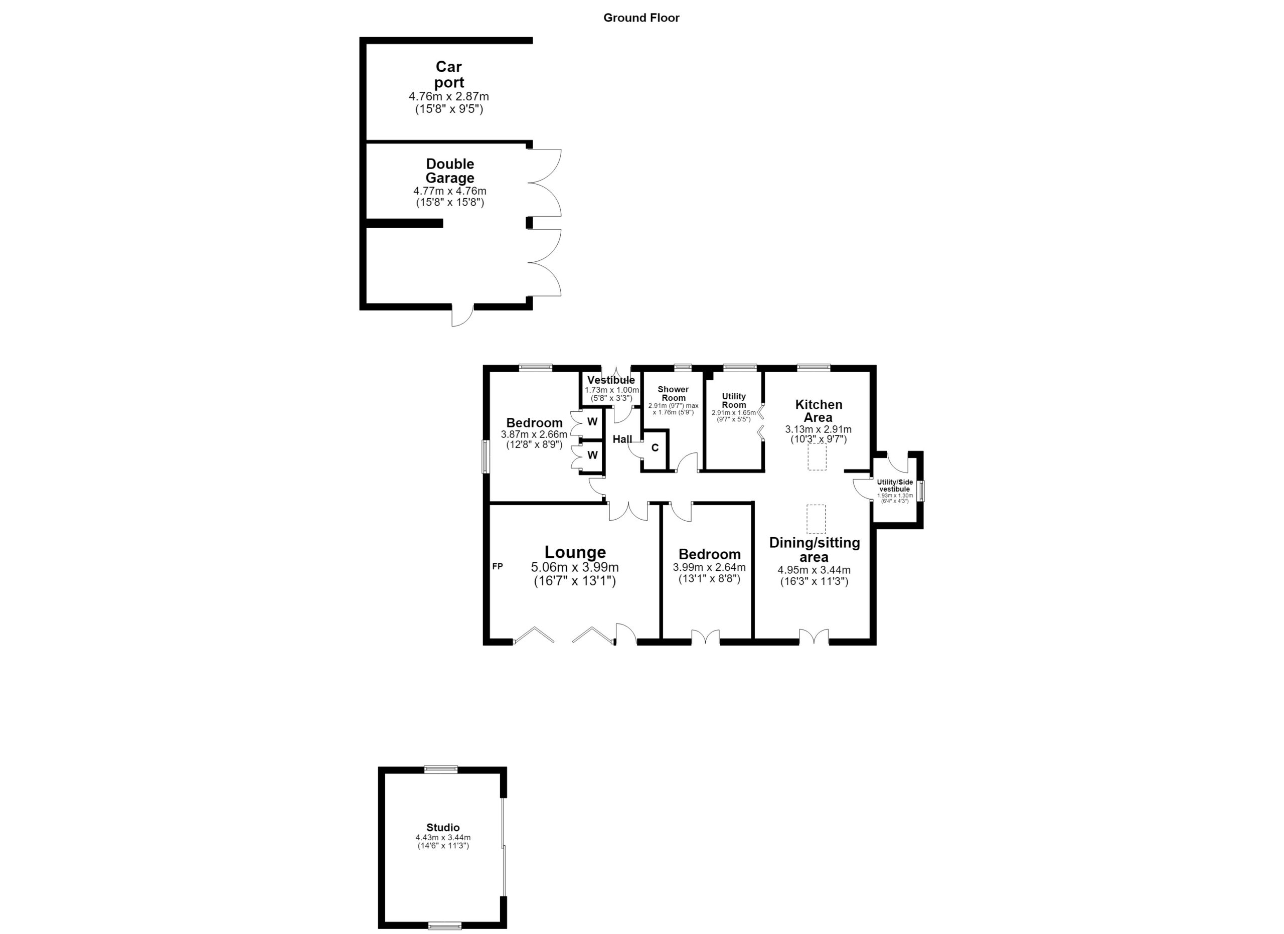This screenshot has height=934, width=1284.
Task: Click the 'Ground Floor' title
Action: tap(641, 18)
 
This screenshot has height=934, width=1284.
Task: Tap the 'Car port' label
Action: tap(449, 75)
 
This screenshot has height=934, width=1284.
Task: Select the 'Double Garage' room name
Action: tap(450, 171)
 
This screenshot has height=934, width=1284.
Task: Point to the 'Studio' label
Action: tap(443, 828)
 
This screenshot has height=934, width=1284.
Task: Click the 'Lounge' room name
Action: tap(575, 552)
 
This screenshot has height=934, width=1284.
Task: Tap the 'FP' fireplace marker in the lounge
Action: tap(498, 566)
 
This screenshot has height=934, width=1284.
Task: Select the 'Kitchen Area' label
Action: tap(819, 411)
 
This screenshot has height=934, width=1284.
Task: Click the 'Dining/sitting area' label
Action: tap(815, 550)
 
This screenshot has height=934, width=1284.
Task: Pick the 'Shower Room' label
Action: tap(673, 393)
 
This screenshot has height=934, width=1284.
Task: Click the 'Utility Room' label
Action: tap(734, 401)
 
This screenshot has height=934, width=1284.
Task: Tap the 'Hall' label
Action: tap(622, 439)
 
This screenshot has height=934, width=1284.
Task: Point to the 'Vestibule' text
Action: tap(611, 380)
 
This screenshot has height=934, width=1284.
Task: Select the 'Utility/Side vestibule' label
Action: tap(895, 486)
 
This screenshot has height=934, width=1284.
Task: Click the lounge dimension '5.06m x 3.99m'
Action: tap(575, 567)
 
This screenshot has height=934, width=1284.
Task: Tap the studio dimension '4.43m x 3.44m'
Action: tap(443, 838)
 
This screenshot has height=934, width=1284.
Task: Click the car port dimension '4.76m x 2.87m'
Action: tap(449, 97)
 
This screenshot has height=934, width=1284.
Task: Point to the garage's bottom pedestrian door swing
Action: tap(462, 317)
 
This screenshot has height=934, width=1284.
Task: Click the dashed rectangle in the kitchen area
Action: tap(817, 457)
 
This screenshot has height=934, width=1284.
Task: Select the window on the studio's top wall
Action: tap(441, 769)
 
